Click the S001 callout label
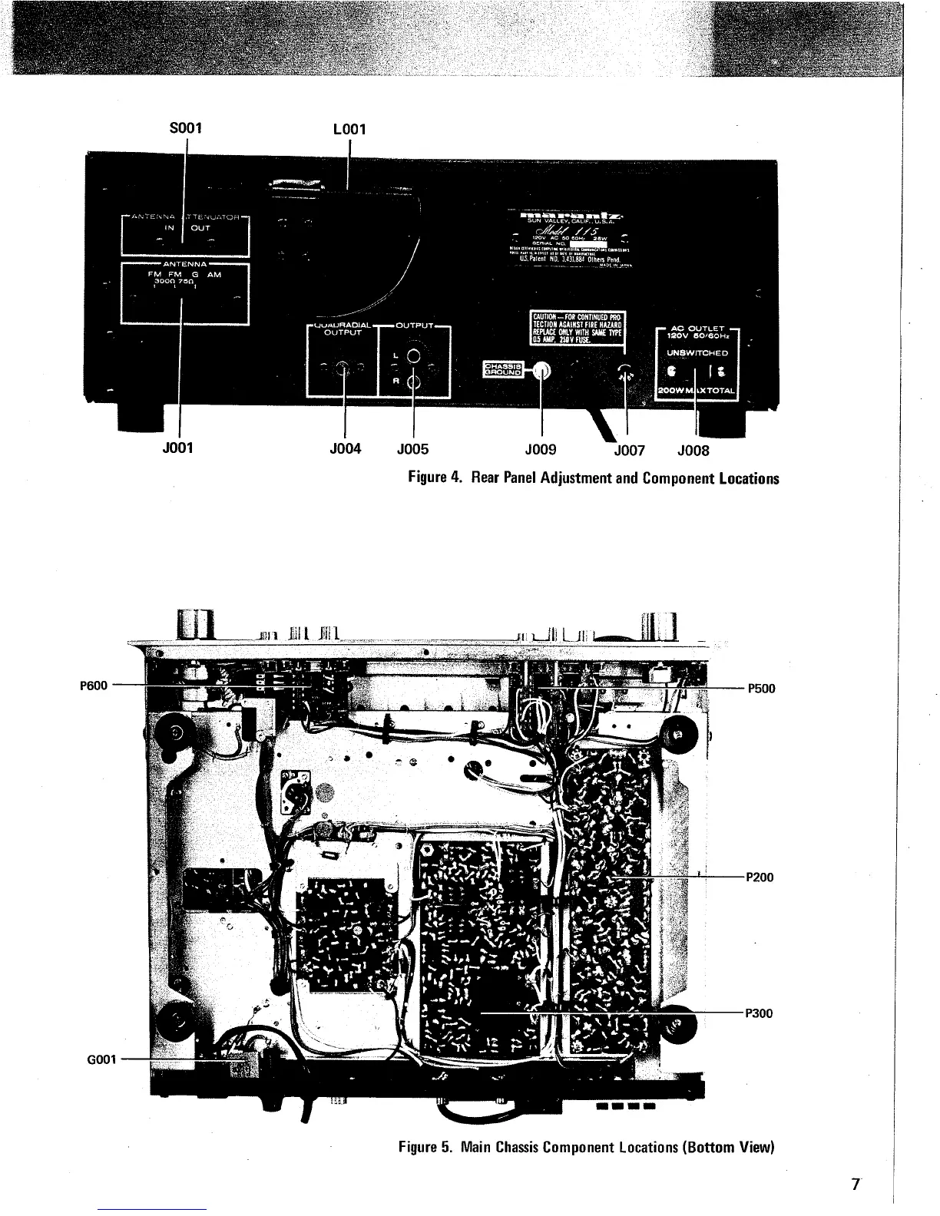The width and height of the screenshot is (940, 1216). point(187,125)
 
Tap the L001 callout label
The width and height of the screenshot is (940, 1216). point(349,130)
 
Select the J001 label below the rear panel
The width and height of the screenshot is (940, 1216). point(179,448)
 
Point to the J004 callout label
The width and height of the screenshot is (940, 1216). point(346,449)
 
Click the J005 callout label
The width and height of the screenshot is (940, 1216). point(413,449)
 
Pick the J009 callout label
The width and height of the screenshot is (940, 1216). point(541,449)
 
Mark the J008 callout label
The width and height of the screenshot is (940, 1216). point(694,451)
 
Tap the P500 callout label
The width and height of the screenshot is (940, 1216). point(761,689)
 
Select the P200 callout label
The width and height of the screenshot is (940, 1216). point(760,877)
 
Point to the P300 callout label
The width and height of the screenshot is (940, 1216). point(760,1013)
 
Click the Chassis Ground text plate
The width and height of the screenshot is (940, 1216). point(502,369)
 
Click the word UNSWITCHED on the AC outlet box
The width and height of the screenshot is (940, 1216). point(697,353)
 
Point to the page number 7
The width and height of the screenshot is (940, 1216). point(855,1183)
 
